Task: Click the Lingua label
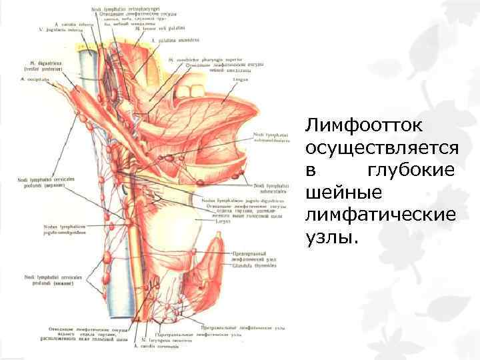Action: (241, 79)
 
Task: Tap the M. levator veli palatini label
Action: (157, 29)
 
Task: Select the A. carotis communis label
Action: (156, 346)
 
